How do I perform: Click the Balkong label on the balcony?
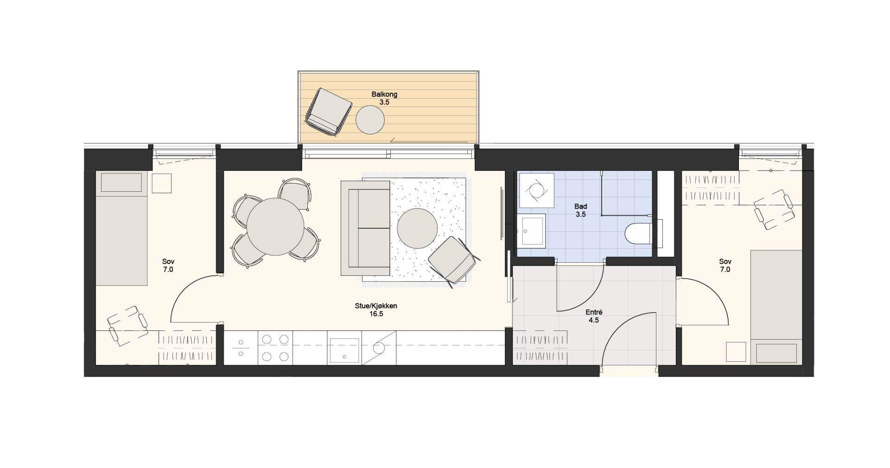pos(384,95)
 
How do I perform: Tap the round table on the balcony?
pos(370,120)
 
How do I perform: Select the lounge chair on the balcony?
pos(328,112)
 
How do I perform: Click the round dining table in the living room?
pos(276,227)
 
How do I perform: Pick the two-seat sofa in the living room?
pos(365,228)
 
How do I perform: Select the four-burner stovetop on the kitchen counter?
pos(275,348)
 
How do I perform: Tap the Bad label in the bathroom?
pos(581,207)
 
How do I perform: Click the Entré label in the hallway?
pos(594,312)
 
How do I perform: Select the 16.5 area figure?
pos(376,314)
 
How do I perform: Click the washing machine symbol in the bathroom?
pos(536,190)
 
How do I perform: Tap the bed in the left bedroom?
pos(121,229)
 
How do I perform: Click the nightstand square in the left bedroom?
pos(162,183)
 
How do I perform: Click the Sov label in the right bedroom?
pos(725,262)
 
